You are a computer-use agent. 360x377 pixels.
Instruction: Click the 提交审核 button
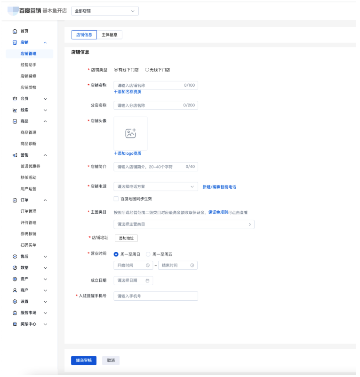(x=84, y=361)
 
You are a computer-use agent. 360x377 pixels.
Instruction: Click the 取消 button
(x=111, y=361)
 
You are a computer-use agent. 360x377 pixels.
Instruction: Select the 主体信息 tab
(x=110, y=35)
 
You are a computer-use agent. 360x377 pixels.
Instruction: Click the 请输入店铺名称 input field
(x=148, y=86)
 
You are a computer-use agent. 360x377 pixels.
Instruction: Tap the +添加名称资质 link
(x=128, y=92)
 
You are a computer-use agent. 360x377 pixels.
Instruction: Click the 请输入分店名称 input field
(x=148, y=105)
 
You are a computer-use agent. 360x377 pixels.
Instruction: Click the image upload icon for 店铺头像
(x=130, y=133)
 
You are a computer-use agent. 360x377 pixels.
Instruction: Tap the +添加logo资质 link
(x=128, y=153)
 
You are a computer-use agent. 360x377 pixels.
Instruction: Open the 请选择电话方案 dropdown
(x=155, y=187)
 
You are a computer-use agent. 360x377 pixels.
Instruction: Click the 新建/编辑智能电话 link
(x=219, y=187)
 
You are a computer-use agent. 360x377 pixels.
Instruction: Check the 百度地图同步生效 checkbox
(x=116, y=199)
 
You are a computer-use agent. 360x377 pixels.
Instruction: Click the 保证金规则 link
(x=218, y=213)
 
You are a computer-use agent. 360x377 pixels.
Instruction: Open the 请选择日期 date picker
(x=133, y=281)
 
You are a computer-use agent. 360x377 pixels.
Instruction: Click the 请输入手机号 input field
(x=155, y=296)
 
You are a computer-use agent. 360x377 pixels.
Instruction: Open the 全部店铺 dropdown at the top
(x=105, y=11)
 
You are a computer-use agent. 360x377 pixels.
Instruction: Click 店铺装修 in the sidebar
(x=28, y=76)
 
